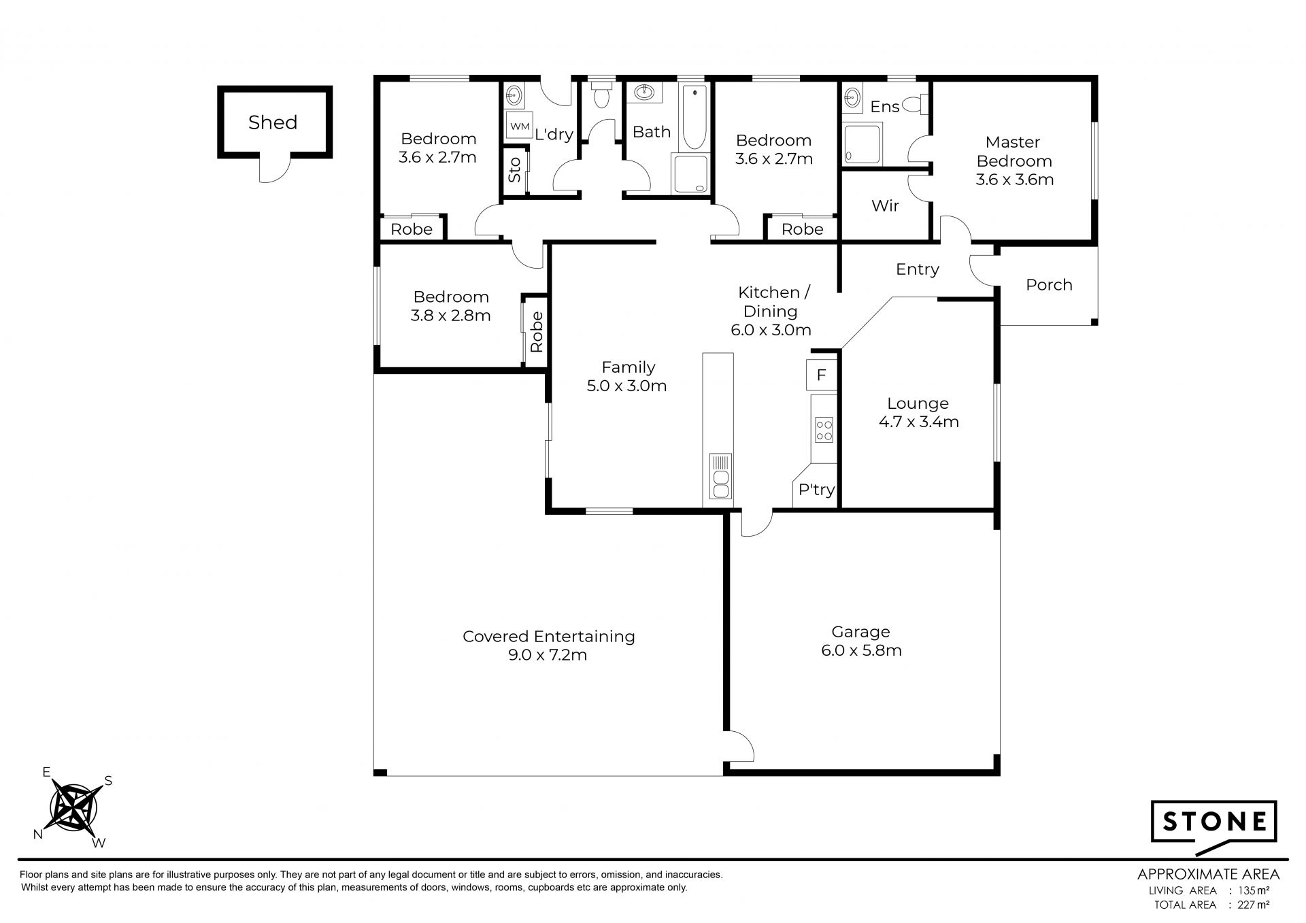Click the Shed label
click(x=273, y=122)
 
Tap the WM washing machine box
click(x=519, y=127)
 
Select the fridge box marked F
click(x=822, y=375)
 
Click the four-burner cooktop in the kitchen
click(x=824, y=430)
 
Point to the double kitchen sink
click(x=720, y=476)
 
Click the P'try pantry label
click(x=816, y=490)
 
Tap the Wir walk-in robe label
click(x=885, y=205)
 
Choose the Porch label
click(x=1049, y=285)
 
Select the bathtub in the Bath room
click(x=694, y=117)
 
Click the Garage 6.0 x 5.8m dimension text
click(x=861, y=650)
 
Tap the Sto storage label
click(x=515, y=169)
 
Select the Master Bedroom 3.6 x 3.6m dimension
click(x=1015, y=180)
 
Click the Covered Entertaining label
click(x=549, y=637)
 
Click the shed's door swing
click(x=275, y=170)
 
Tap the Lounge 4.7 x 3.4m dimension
click(x=919, y=422)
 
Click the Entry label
click(x=918, y=269)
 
